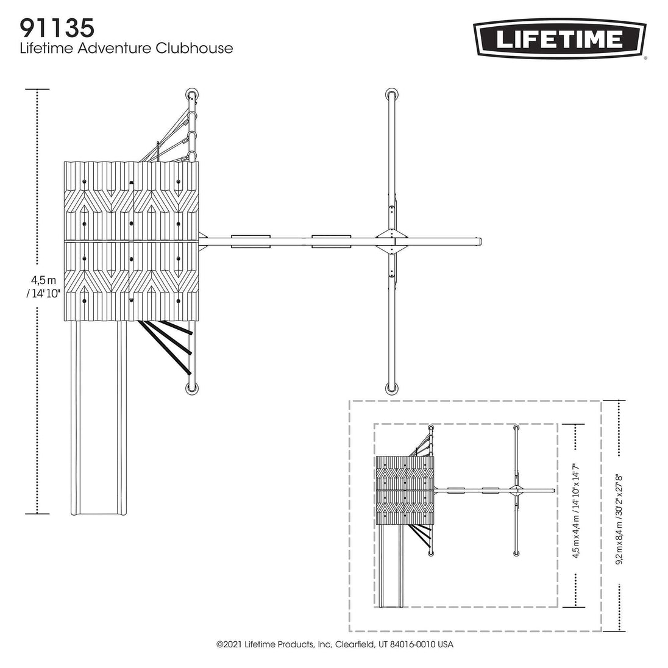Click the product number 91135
click(x=57, y=29)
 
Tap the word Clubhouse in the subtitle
click(x=194, y=48)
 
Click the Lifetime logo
click(x=560, y=39)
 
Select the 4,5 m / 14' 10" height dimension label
click(x=43, y=287)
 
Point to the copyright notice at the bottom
click(x=335, y=644)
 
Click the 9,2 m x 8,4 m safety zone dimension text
click(x=619, y=514)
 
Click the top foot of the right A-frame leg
click(x=391, y=94)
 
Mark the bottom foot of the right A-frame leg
click(x=391, y=388)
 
